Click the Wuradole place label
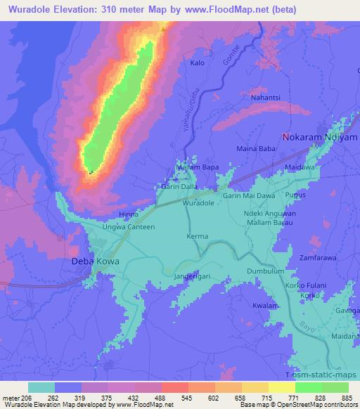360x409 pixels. (x=198, y=202)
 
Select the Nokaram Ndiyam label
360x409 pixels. (x=316, y=137)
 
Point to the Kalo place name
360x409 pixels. (x=198, y=63)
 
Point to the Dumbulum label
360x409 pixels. (x=265, y=271)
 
